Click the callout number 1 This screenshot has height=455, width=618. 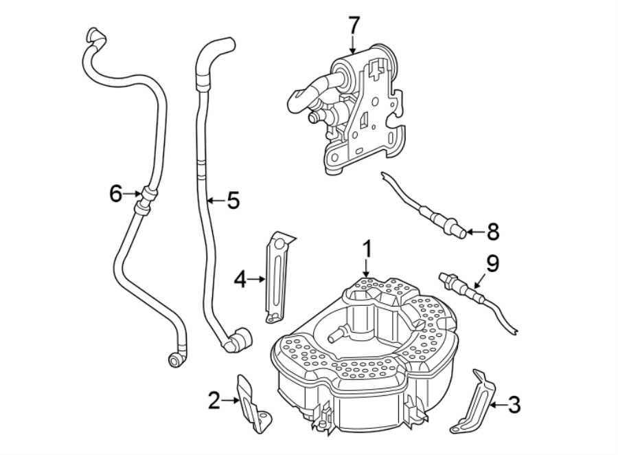[x=367, y=248]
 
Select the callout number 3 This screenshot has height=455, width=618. [x=514, y=405]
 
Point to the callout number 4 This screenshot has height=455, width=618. [x=240, y=278]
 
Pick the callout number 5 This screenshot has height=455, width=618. [x=233, y=201]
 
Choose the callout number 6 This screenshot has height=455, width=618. [x=116, y=194]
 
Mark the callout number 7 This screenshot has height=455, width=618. [x=353, y=25]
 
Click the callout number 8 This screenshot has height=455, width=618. [x=492, y=232]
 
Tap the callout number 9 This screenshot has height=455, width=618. [x=492, y=263]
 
